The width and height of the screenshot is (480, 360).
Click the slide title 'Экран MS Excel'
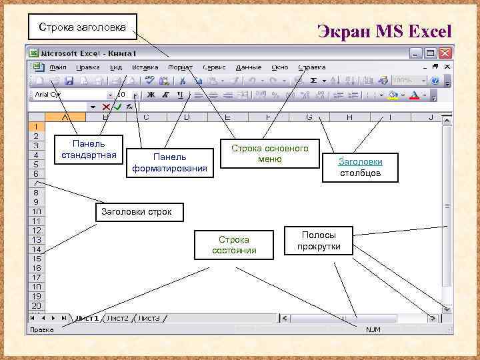pyautogui.click(x=385, y=31)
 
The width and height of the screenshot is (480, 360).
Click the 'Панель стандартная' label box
pyautogui.click(x=89, y=150)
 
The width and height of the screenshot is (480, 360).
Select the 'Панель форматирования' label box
pyautogui.click(x=169, y=162)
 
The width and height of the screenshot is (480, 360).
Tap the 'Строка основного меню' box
pyautogui.click(x=269, y=153)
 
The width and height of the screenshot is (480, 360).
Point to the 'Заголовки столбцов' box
pyautogui.click(x=360, y=167)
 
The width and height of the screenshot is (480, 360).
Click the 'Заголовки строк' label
pyautogui.click(x=136, y=212)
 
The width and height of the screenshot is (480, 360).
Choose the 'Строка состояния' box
pyautogui.click(x=234, y=245)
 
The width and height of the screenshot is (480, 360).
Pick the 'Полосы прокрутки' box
pyautogui.click(x=319, y=241)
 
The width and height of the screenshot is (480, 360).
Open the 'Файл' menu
pyautogui.click(x=57, y=67)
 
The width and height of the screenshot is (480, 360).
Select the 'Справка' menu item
pyautogui.click(x=312, y=67)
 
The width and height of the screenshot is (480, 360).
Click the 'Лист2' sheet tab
pyautogui.click(x=117, y=318)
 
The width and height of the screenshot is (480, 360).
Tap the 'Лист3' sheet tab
pyautogui.click(x=149, y=318)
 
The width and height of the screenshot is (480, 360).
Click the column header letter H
pyautogui.click(x=350, y=118)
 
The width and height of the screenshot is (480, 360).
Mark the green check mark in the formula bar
pyautogui.click(x=118, y=107)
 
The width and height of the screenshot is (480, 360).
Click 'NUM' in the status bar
pyautogui.click(x=372, y=329)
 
